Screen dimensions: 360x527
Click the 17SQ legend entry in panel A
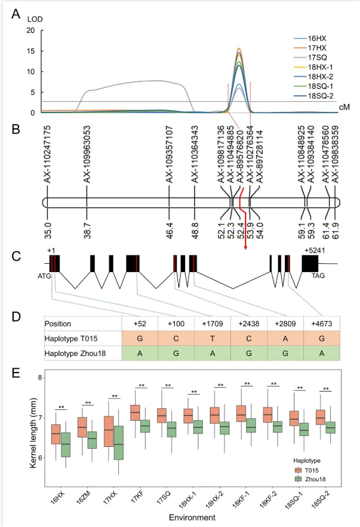(x=310, y=57)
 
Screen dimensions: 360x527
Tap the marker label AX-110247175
(x=48, y=154)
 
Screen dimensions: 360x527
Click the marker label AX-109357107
(x=169, y=154)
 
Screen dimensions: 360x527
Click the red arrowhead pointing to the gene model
(x=246, y=247)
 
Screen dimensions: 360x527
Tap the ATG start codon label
(x=45, y=276)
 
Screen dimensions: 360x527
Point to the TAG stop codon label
(x=318, y=276)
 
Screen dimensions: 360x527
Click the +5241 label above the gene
(x=315, y=250)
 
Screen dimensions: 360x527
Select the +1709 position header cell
(x=212, y=324)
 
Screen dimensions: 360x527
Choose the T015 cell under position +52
(x=140, y=338)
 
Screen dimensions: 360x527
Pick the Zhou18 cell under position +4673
(x=322, y=353)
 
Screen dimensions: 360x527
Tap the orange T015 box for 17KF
(x=135, y=413)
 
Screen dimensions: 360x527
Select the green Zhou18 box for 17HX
(x=119, y=442)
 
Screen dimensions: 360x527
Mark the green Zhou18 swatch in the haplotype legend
(x=298, y=479)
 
